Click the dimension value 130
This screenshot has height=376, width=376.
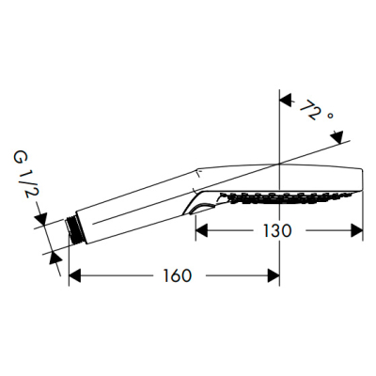coord(276,231)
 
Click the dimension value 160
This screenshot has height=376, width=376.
coord(177,275)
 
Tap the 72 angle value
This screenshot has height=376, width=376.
coord(310,110)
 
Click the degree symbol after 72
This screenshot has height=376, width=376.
coord(330,117)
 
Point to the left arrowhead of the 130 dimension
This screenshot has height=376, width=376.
coord(201,231)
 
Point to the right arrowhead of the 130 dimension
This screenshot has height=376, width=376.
coord(356,231)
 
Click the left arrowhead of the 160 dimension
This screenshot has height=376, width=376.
coord(75,275)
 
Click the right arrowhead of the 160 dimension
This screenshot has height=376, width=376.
coord(274,275)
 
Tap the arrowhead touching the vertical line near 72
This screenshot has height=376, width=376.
coord(286,101)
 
